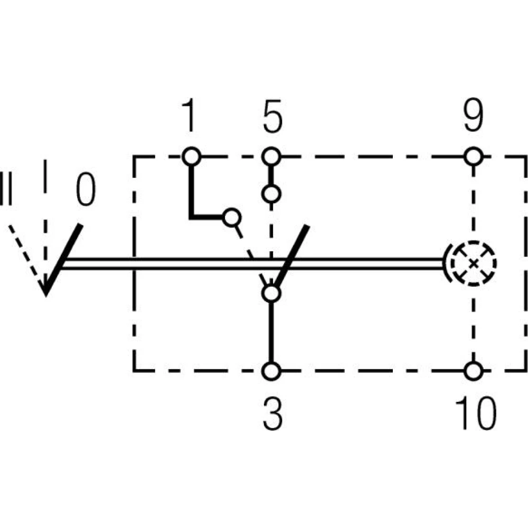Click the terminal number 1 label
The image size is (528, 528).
[189, 117]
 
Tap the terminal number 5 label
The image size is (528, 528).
[271, 117]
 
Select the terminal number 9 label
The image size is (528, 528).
[473, 117]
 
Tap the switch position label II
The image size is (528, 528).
[7, 187]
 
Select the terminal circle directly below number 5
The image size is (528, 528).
[271, 156]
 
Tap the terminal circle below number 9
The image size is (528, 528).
[474, 156]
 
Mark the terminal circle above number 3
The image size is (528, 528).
[271, 371]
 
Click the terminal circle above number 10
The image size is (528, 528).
[474, 371]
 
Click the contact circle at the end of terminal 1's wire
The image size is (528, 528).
[230, 216]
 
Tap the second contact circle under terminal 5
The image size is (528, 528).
[271, 194]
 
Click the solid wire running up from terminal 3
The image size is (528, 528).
[271, 333]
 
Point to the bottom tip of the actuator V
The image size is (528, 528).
[46, 293]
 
